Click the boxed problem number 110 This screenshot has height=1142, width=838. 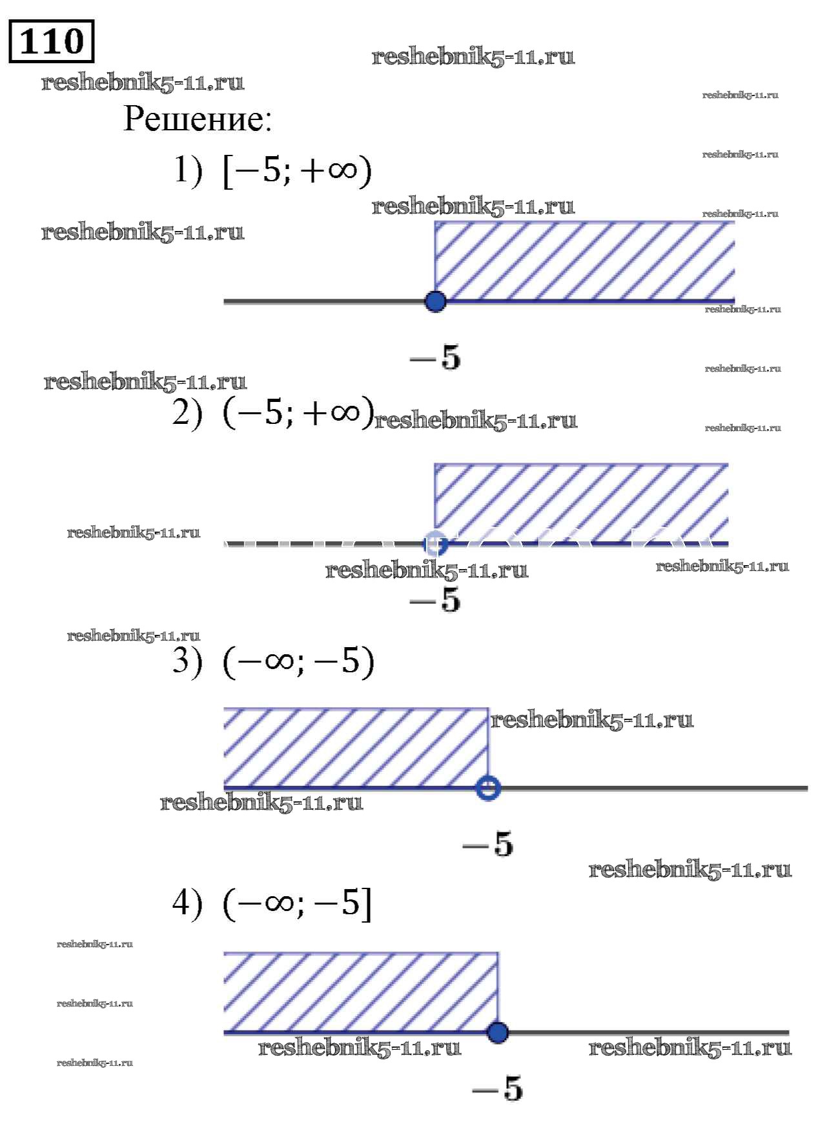pos(52,42)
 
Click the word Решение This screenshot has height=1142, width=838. pos(198,119)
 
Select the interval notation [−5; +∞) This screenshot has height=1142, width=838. pos(297,170)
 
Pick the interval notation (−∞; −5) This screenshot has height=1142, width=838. pos(298,661)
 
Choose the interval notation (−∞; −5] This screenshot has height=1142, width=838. pos(298,903)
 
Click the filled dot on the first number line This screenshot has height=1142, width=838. pos(436,301)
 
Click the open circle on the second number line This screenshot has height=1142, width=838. pos(436,544)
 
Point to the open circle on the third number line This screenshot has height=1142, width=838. pos(488,788)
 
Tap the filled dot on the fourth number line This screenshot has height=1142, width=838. pos(497,1032)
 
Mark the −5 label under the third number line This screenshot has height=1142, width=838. pos(489,844)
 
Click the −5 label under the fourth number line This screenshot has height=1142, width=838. pos(498,1088)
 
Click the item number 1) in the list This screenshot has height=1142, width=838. pos(188,170)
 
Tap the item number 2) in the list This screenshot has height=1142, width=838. pos(187,412)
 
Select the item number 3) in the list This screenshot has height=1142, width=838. pos(187,661)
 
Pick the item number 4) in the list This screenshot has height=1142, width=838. pos(187,903)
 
